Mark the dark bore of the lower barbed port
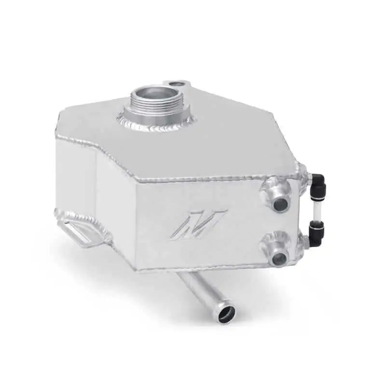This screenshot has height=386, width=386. [278, 260]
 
